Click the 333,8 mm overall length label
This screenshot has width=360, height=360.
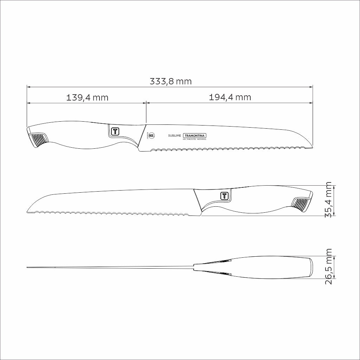tap(171, 82)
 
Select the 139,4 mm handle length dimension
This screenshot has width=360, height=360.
tap(87, 97)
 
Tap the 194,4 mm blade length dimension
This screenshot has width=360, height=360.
tap(230, 97)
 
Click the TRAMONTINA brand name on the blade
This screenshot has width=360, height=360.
tap(195, 136)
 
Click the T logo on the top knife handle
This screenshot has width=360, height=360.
tap(115, 131)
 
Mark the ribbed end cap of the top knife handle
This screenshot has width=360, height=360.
tap(38, 140)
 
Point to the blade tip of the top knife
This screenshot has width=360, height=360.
tap(312, 147)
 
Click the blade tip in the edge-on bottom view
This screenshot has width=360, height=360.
tap(28, 268)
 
